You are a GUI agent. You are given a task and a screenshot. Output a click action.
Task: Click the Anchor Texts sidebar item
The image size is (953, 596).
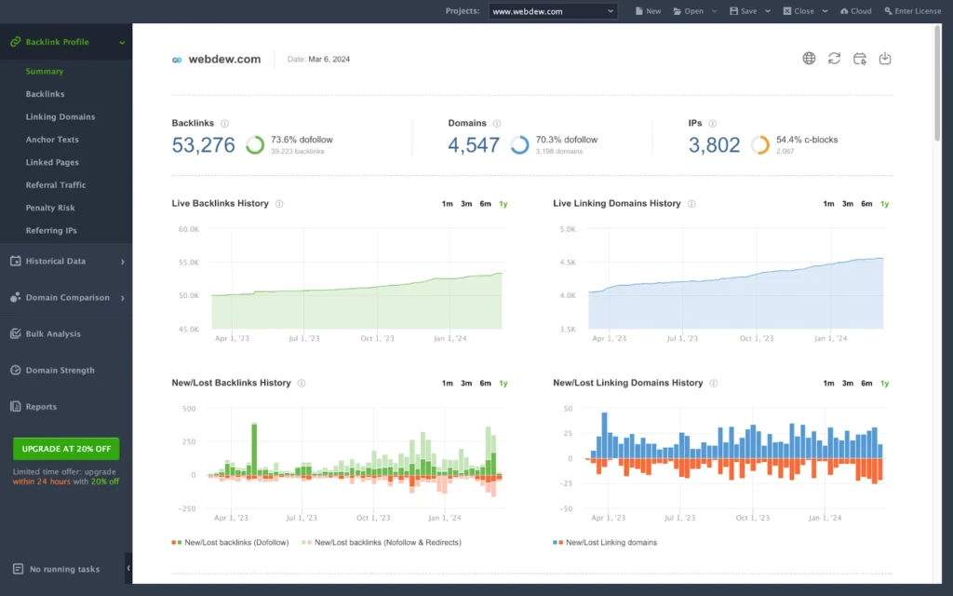(52, 140)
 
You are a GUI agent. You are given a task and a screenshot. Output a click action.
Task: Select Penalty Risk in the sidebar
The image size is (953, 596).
(50, 208)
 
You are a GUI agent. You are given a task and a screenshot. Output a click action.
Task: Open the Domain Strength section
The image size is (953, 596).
(60, 371)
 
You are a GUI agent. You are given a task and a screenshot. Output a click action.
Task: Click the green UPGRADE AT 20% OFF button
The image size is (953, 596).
(66, 448)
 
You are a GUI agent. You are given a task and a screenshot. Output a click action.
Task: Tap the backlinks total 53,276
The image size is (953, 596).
(203, 145)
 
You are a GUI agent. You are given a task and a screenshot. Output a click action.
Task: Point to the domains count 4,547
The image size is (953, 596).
(474, 145)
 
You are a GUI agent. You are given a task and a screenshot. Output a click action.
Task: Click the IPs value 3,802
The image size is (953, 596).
(714, 145)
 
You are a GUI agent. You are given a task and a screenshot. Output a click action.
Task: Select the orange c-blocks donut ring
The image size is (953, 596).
(760, 145)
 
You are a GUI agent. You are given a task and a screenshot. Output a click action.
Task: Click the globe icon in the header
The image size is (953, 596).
(809, 59)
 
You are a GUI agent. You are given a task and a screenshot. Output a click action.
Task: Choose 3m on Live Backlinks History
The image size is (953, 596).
(466, 204)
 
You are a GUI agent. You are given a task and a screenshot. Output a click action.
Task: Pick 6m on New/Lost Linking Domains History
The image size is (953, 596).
(866, 383)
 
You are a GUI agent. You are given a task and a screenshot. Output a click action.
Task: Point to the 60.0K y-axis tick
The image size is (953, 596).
(189, 229)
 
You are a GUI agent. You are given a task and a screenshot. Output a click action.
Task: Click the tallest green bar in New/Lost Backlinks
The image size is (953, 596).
(254, 449)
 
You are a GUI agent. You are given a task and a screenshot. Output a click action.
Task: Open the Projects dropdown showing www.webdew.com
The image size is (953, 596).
(553, 11)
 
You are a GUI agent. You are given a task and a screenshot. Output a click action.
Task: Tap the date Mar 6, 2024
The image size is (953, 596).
(329, 60)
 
